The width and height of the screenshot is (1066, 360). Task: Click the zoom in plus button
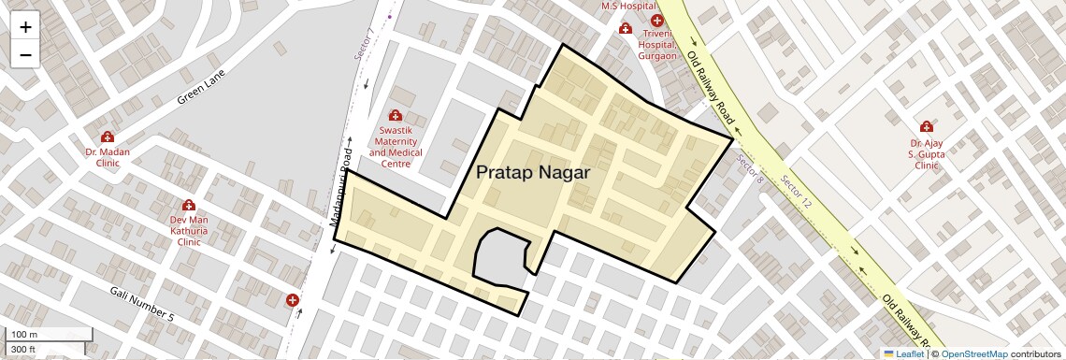(x=25, y=27)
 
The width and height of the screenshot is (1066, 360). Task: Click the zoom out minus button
(x=25, y=54)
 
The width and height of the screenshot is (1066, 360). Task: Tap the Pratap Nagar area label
(x=533, y=173)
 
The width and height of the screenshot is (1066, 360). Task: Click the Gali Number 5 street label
(x=142, y=303)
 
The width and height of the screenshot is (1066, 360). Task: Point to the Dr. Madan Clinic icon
(x=108, y=137)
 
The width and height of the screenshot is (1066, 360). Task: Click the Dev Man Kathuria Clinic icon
(x=188, y=206)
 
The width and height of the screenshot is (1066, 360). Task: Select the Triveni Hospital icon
(x=657, y=21)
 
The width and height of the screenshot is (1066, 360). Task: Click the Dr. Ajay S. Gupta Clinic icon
(x=926, y=126)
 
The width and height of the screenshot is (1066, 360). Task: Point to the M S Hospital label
(x=627, y=6)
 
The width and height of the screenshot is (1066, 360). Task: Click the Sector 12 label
(x=799, y=193)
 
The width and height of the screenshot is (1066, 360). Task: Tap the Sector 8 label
(x=751, y=166)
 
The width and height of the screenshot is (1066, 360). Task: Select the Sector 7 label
(x=365, y=45)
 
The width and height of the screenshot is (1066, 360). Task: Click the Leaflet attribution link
(x=903, y=353)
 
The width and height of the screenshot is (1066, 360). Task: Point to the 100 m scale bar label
(x=24, y=335)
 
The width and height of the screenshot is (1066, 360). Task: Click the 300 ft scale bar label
(x=23, y=350)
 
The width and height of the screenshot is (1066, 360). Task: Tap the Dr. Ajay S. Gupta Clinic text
(x=926, y=153)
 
